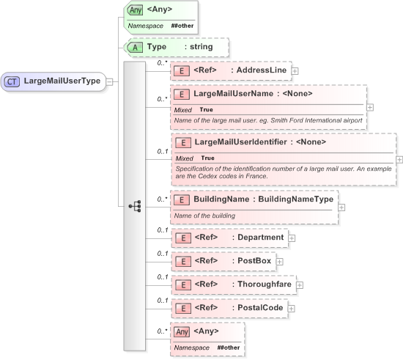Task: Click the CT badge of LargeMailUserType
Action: coord(12,81)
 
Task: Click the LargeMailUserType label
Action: coord(62,81)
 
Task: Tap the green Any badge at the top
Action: coord(135,11)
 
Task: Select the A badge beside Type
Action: coord(135,47)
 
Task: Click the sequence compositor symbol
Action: coord(135,207)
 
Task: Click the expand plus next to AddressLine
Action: coord(295,71)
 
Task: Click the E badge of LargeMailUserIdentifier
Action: coord(182,142)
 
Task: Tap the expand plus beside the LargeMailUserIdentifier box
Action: coord(399,159)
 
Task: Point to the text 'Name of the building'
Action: coord(205,216)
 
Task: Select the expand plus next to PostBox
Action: coord(279,261)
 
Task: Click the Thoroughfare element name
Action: coord(263,284)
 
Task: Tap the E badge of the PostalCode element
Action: coord(182,308)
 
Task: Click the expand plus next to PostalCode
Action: coord(291,309)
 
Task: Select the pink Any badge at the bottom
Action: coord(182,331)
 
